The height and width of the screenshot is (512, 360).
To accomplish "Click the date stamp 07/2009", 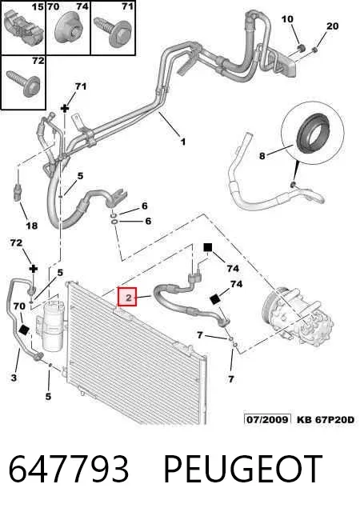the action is [x=267, y=419].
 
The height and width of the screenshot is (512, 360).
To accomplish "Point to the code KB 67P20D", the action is [x=325, y=419].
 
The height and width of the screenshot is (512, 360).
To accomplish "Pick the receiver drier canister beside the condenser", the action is [x=54, y=322].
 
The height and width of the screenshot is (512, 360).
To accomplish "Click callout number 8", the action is [x=262, y=156].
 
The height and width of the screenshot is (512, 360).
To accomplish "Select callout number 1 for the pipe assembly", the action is [x=183, y=142].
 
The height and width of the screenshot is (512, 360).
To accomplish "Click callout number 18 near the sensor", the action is [x=32, y=226].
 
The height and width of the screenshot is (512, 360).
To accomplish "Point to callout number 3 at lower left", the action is [x=14, y=378].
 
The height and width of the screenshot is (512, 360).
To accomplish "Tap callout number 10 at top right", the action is [x=287, y=19].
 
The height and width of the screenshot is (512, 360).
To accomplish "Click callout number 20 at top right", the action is [x=333, y=26].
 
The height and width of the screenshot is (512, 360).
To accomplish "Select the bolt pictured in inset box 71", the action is [x=113, y=30].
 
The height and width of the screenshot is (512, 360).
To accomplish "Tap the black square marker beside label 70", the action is [x=24, y=330].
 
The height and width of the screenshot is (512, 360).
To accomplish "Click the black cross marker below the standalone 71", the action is [x=65, y=108].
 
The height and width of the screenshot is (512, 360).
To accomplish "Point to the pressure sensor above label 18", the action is [x=18, y=193].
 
